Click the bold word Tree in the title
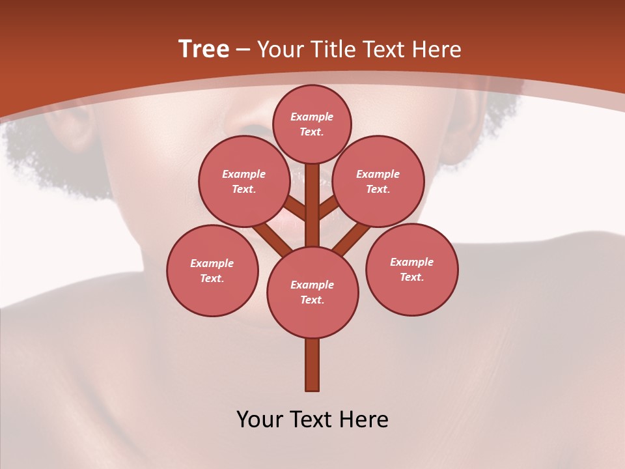[x=204, y=50]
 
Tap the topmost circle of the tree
[x=312, y=124]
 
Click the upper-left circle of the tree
[x=243, y=181]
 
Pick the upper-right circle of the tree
[x=378, y=181]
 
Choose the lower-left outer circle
[x=212, y=270]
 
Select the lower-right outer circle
[x=411, y=270]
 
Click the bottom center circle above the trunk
[x=312, y=292]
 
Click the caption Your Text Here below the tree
[x=312, y=419]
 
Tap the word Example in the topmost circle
[x=312, y=117]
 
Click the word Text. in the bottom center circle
[x=312, y=300]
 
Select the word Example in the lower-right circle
[x=411, y=263]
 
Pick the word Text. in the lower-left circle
[x=212, y=279]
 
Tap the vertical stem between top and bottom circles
[x=312, y=205]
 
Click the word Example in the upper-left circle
[x=243, y=174]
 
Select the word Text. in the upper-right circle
[x=378, y=190]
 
